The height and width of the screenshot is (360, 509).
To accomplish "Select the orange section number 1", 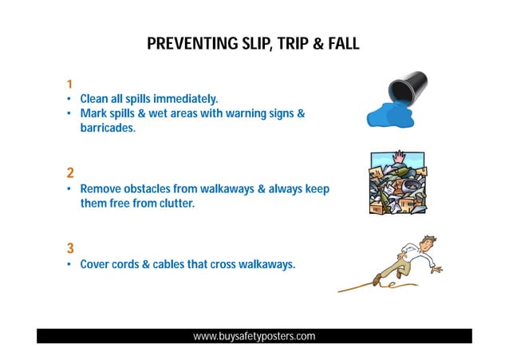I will [x=70, y=84].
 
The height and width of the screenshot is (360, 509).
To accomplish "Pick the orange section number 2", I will [x=70, y=172].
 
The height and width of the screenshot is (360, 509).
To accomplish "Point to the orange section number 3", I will [x=70, y=247].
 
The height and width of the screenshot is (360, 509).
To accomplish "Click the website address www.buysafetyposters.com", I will [x=254, y=336].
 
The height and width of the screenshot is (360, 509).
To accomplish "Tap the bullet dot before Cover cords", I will [x=70, y=263].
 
